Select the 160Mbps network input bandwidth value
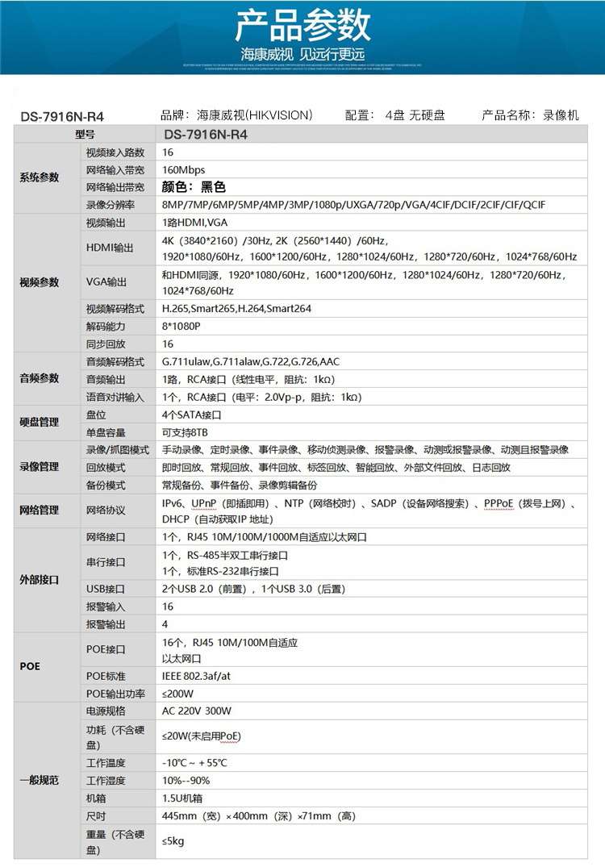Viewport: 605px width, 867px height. click(x=184, y=169)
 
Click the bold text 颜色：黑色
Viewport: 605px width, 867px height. click(x=194, y=187)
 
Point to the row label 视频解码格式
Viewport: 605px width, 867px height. click(x=115, y=308)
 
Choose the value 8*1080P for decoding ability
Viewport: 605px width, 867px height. click(x=181, y=326)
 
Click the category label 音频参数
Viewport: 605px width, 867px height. click(x=40, y=378)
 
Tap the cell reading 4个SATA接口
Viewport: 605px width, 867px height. click(x=191, y=415)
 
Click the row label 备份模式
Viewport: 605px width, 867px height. click(x=106, y=485)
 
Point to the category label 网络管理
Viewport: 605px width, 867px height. click(x=40, y=511)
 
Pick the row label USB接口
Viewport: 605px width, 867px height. click(x=106, y=589)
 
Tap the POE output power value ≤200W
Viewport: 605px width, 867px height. click(x=177, y=693)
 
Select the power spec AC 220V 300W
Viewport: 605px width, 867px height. click(x=197, y=711)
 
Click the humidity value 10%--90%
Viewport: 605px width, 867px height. click(x=186, y=780)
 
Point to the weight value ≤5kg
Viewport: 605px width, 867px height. click(x=173, y=841)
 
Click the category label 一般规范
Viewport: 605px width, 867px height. click(x=40, y=780)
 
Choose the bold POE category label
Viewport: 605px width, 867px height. click(x=29, y=667)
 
